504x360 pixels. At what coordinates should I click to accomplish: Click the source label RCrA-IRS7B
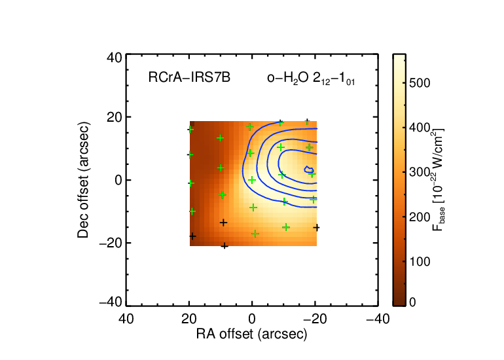pos(189,78)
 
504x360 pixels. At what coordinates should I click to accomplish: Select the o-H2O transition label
pos(311,79)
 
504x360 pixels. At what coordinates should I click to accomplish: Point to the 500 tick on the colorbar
pos(420,83)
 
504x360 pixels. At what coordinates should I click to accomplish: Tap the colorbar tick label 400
pos(420,128)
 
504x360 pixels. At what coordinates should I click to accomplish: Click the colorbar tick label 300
pos(420,172)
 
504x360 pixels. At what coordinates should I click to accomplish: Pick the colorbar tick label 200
pos(420,217)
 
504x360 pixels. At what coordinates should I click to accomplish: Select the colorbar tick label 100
pos(420,262)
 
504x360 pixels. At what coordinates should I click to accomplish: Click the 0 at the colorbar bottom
pos(412,302)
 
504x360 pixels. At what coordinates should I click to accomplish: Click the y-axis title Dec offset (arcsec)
pos(83,180)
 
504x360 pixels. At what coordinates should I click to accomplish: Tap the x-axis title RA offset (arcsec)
pos(252,334)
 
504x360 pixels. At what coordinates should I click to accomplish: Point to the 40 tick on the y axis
pos(115,58)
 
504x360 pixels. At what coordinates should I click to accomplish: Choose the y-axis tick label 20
pos(115,117)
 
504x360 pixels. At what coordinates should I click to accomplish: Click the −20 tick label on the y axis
pos(111,243)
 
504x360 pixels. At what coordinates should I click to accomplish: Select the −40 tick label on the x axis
pos(378,319)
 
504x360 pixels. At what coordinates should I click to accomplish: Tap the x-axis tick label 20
pos(189,319)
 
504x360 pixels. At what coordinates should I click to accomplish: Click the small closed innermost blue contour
pos(309,170)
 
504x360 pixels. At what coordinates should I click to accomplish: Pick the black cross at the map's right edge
pos(317,228)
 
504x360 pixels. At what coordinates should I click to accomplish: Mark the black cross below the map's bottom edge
pos(225,246)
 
